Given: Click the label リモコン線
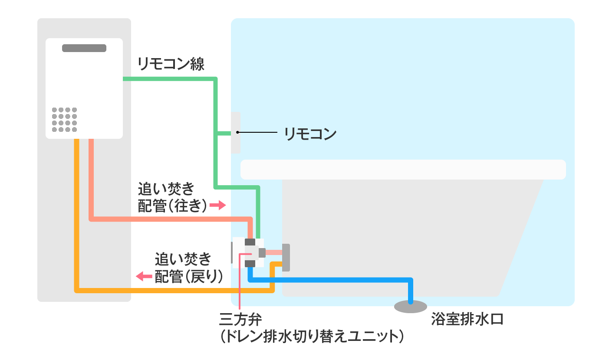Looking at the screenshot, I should click(171, 64).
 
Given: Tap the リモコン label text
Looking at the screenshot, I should click(310, 133).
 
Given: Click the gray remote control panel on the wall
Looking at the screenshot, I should click(236, 133).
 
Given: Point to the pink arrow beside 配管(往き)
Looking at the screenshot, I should click(218, 205).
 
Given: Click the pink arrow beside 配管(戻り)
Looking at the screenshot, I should click(144, 275).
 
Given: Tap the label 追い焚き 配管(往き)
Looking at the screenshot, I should click(172, 197).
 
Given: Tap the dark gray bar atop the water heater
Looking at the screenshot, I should click(84, 48).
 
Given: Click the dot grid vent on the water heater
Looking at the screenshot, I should click(64, 119).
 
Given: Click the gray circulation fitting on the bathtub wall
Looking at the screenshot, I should click(286, 257).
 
